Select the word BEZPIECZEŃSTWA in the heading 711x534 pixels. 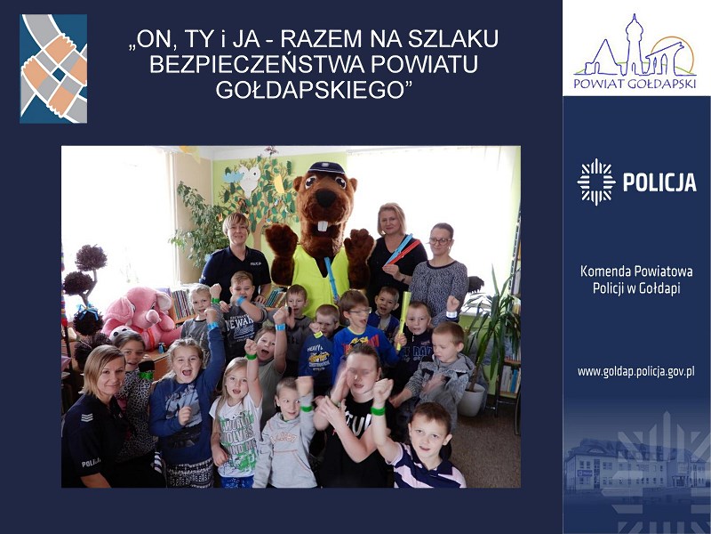pos(257,64)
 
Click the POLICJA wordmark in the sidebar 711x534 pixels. pos(659,182)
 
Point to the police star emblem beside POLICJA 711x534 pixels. pos(595,182)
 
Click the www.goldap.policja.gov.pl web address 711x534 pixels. pos(635,372)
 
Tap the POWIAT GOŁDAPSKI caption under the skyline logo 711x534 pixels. pos(635,84)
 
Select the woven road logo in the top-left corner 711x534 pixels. pos(53,69)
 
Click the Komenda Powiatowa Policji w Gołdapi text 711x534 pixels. pos(636,279)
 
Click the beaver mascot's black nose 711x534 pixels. pos(325,198)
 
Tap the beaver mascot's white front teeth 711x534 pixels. pos(324,226)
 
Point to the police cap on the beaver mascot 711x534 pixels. pos(326,168)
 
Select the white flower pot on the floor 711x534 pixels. pos(471,400)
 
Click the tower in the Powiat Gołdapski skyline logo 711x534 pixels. pos(632,44)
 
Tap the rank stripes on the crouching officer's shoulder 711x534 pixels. pos(86,417)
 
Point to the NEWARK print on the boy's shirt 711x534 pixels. pos(241,320)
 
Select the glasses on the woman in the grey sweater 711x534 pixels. pos(440,241)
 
